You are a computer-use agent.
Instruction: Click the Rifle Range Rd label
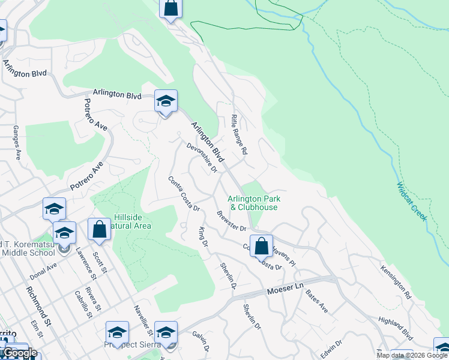click(240, 136)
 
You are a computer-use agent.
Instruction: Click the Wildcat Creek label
click(412, 202)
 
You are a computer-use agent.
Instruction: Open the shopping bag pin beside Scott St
click(99, 229)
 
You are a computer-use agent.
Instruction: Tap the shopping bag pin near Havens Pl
click(261, 245)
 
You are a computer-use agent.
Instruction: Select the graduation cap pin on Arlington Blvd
click(166, 101)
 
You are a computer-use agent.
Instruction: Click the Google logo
click(19, 353)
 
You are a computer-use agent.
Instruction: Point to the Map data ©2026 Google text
click(411, 355)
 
